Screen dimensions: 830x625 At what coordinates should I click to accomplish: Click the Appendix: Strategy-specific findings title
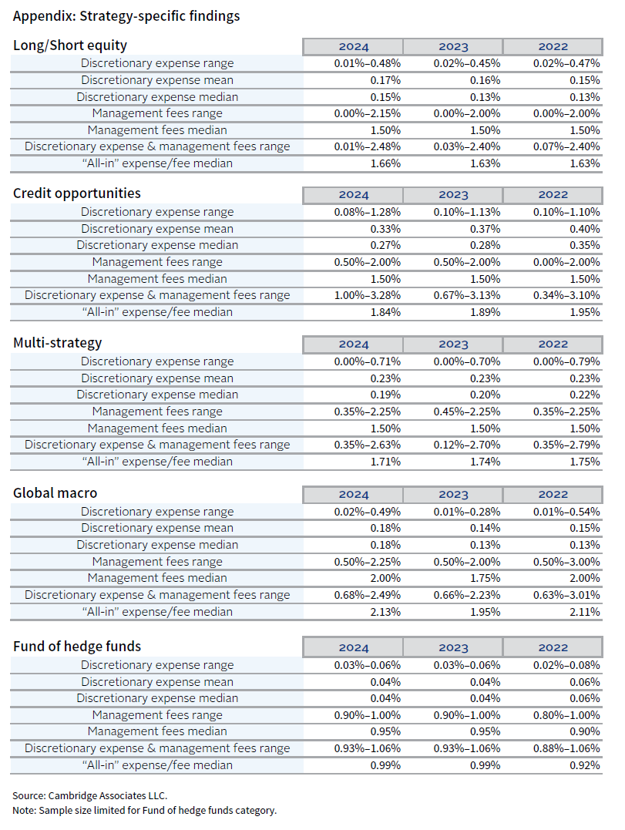[x=126, y=15]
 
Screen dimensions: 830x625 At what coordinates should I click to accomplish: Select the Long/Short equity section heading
[x=70, y=45]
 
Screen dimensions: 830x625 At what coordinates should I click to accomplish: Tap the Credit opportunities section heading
[x=77, y=193]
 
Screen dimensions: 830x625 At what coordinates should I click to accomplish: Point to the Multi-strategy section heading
[x=58, y=343]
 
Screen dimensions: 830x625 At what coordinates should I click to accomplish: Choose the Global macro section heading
[x=55, y=493]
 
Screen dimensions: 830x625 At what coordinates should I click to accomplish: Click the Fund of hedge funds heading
[x=77, y=646]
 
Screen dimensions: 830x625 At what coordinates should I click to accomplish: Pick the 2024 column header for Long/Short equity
[x=354, y=46]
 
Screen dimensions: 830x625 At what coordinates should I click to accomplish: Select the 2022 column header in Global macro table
[x=553, y=495]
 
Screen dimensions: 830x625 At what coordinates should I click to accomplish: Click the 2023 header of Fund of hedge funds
[x=453, y=648]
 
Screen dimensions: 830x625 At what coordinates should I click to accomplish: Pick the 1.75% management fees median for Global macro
[x=485, y=578]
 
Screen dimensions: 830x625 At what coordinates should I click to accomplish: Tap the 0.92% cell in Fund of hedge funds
[x=585, y=765]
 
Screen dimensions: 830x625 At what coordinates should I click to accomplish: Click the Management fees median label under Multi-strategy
[x=157, y=428]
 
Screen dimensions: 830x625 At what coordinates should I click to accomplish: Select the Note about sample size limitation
[x=144, y=810]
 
